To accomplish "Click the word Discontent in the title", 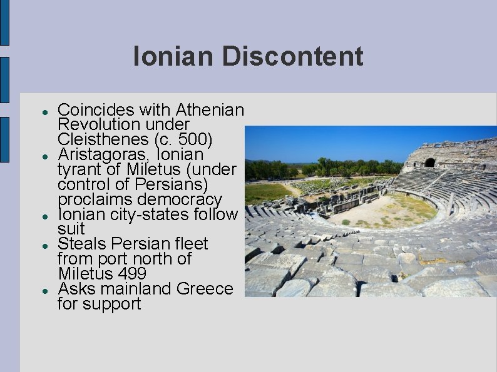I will pos(292,57).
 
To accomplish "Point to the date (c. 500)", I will pos(187,139).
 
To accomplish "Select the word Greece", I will pos(205,289).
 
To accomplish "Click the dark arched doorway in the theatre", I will pos(429,163).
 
